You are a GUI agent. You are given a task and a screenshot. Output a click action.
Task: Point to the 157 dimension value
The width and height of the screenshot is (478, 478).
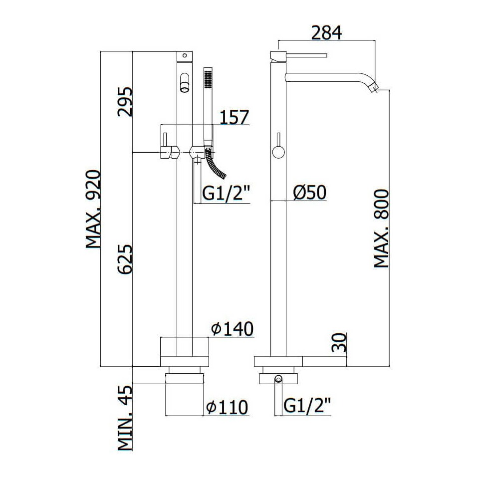[x=234, y=117]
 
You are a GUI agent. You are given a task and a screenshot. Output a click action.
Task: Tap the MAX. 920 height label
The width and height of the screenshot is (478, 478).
[x=93, y=210]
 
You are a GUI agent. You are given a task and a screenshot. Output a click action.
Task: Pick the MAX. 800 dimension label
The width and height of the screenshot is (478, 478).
[x=381, y=229]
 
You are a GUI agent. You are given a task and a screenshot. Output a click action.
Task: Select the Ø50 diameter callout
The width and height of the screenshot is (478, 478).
[x=310, y=193]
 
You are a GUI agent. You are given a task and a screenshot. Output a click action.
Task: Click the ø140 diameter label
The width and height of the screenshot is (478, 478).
[x=233, y=329]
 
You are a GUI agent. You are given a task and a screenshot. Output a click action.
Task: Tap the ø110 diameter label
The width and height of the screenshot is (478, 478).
[x=228, y=407]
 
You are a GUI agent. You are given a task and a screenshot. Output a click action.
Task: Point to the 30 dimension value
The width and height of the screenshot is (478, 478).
[x=339, y=343]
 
